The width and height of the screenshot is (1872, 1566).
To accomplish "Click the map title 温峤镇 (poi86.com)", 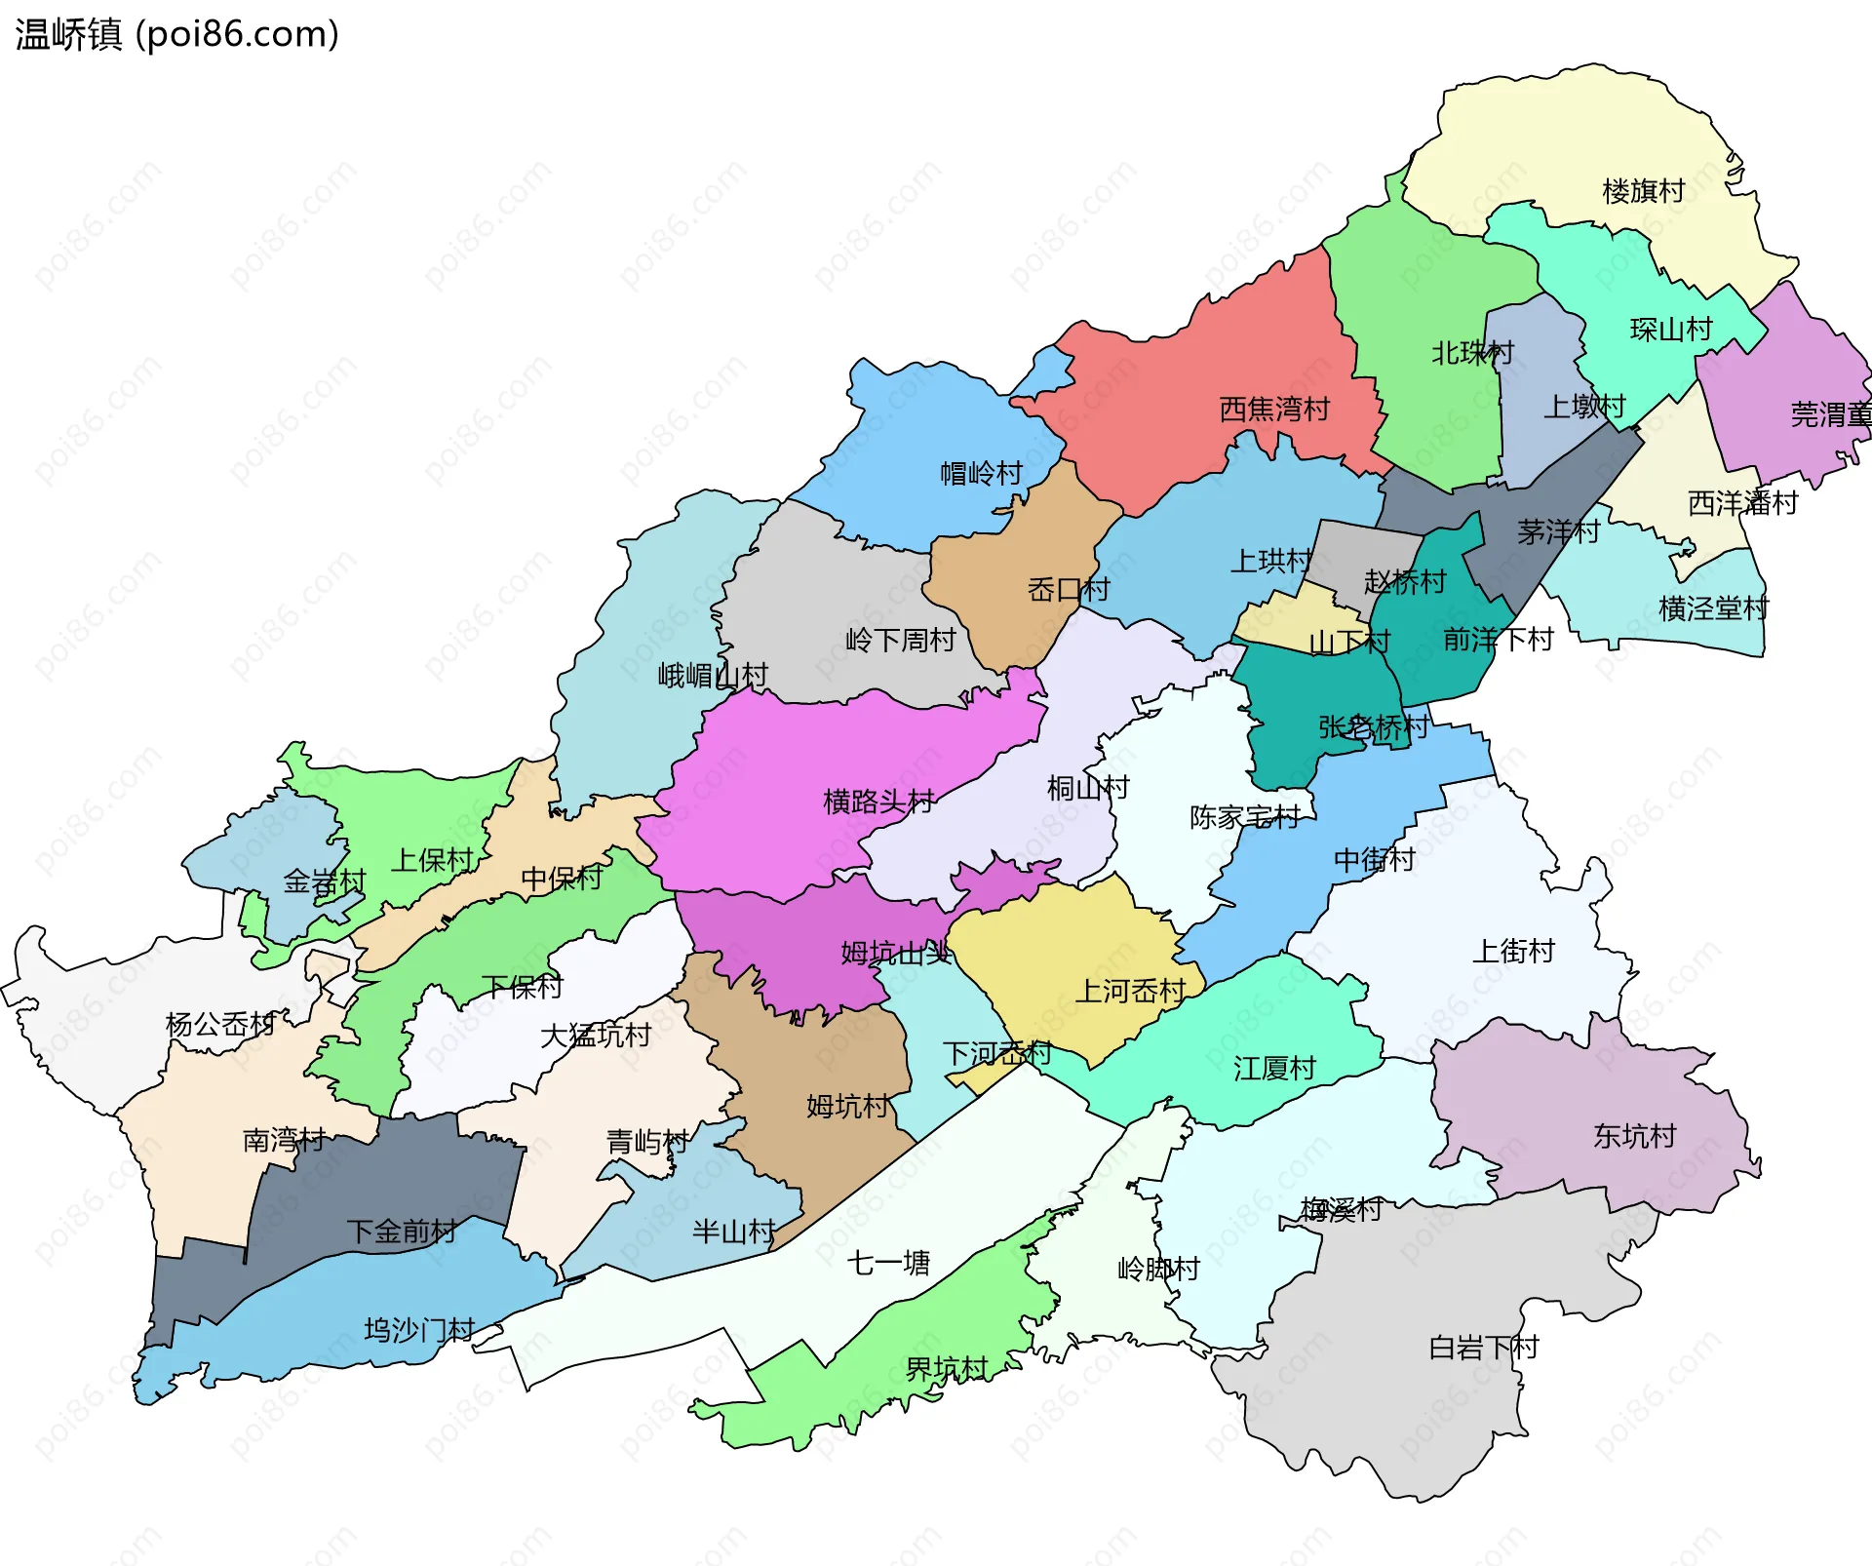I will [x=176, y=34].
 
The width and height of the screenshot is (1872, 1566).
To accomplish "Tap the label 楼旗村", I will [x=1643, y=191].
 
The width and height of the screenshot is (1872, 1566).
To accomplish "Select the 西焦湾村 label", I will [x=1273, y=409].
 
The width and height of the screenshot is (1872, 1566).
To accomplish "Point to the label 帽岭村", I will [x=980, y=473].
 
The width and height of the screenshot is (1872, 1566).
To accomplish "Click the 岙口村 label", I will [x=1068, y=589].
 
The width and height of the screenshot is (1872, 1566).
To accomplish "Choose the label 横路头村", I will [x=877, y=802].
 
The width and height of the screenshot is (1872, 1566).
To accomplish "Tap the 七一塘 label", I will [x=887, y=1263].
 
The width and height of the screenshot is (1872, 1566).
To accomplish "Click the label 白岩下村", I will [x=1482, y=1348].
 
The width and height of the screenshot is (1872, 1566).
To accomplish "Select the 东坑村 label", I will [x=1634, y=1136].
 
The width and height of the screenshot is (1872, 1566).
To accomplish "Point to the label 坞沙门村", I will [x=418, y=1329].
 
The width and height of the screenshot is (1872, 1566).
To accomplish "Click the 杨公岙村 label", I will [x=220, y=1024].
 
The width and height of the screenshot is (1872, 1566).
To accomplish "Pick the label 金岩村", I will [x=324, y=881].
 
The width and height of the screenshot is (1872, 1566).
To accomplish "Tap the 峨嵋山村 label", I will [x=712, y=675].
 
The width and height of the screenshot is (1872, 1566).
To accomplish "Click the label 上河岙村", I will [x=1129, y=991].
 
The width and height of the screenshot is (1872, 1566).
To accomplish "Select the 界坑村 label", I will [x=946, y=1369].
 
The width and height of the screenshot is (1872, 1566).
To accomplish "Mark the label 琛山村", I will [x=1670, y=330].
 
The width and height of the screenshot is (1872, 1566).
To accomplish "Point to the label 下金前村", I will [x=401, y=1231].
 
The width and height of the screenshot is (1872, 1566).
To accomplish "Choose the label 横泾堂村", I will [x=1713, y=608].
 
